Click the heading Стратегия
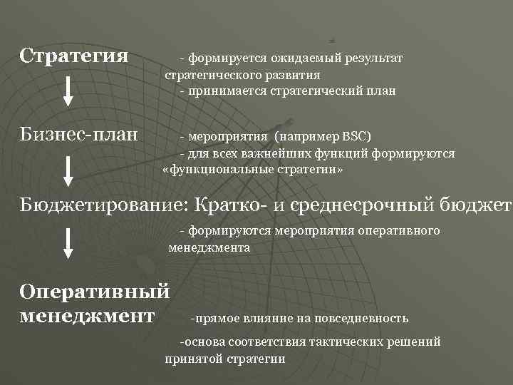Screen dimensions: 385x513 coord(74,55)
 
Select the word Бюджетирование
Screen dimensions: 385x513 coord(103,205)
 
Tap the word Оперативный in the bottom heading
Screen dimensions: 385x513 coord(95,292)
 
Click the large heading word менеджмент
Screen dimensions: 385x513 coord(87,314)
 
